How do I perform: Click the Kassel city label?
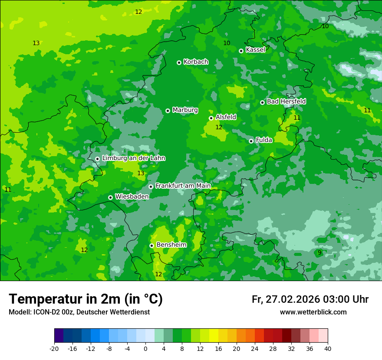pos(255,50)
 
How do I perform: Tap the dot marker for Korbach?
pos(179,62)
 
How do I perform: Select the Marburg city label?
pos(185,110)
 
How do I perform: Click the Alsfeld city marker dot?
pos(211,118)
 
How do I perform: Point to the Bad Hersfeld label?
pos(286,101)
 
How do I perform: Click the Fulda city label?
pos(264,140)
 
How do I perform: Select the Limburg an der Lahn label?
pos(133,158)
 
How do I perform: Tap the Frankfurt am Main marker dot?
pos(151,187)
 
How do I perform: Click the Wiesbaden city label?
pos(132,196)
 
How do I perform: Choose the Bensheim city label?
pos(171,245)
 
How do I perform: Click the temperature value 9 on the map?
pos(319,252)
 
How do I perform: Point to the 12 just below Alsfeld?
pos(219,127)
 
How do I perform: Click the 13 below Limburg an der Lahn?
pos(141,173)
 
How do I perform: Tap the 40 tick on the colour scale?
pos(328,349)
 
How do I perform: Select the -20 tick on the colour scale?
pos(54,349)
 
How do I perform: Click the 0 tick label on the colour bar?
pos(145,349)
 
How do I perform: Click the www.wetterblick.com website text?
pos(313,312)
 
